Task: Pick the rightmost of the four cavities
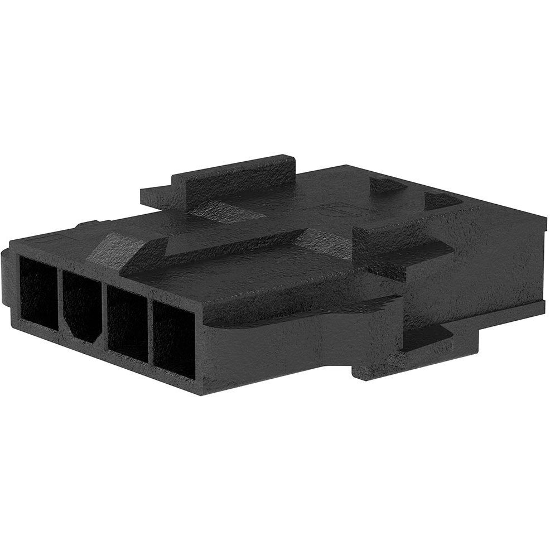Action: click(x=174, y=340)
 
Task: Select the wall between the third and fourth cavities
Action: click(x=150, y=332)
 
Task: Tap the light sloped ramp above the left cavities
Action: click(x=112, y=249)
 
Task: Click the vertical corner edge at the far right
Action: click(x=543, y=262)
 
